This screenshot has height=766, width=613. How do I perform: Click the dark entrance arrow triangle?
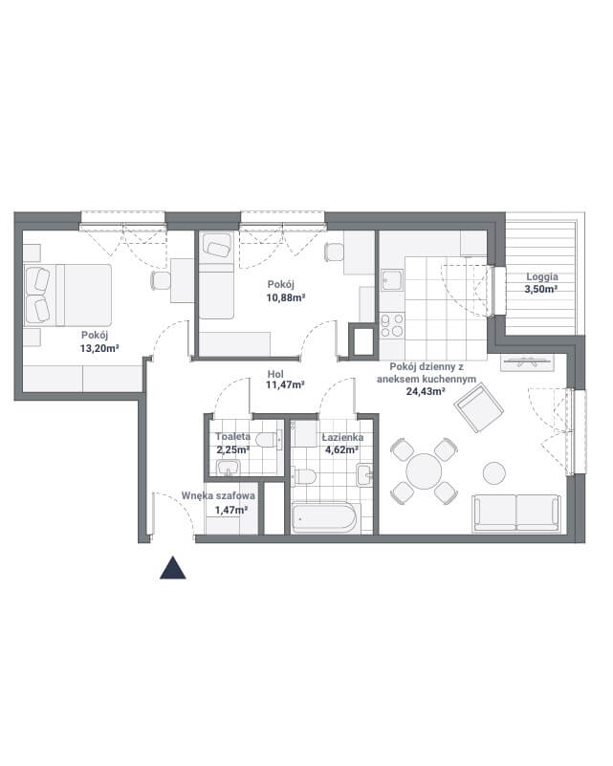tap(173, 569)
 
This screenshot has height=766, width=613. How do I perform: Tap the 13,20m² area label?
tap(99, 348)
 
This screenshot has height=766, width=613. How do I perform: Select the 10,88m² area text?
tap(286, 297)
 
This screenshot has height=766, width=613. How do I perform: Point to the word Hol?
tap(275, 374)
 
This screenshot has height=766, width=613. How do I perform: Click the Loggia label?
tap(542, 276)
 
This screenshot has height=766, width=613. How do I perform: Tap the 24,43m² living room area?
tap(426, 391)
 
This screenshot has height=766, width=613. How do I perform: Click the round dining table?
tap(424, 471)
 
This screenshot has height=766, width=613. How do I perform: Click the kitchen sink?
tap(392, 280)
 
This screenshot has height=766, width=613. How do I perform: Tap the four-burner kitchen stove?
tap(392, 326)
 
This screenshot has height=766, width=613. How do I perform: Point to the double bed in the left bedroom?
tap(68, 295)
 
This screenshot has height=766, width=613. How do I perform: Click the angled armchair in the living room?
tap(479, 408)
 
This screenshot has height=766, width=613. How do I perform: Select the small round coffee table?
tap(494, 472)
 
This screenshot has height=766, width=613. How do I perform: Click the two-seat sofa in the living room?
tap(516, 513)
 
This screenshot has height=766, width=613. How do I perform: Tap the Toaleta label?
tap(233, 436)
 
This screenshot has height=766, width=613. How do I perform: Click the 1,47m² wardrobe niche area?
tap(231, 510)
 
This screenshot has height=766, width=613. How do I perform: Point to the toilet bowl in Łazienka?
tap(304, 476)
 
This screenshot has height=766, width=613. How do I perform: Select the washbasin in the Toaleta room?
tap(229, 468)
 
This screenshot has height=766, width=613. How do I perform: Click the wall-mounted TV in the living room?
tap(527, 362)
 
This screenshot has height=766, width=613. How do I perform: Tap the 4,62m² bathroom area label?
tap(342, 449)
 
